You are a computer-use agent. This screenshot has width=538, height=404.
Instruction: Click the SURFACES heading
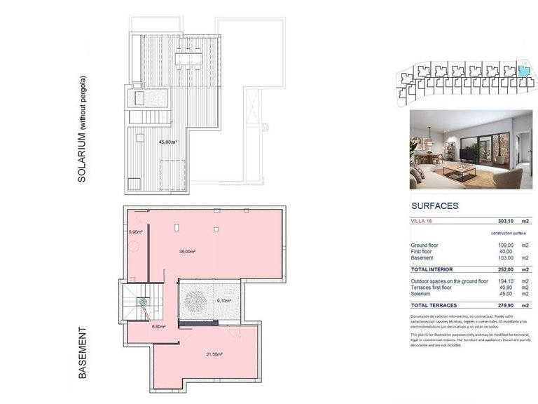click(434, 206)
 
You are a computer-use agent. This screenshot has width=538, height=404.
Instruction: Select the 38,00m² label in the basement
click(187, 250)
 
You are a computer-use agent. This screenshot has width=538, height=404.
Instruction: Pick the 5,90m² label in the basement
click(135, 232)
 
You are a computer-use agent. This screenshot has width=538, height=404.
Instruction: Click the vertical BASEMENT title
click(83, 353)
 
